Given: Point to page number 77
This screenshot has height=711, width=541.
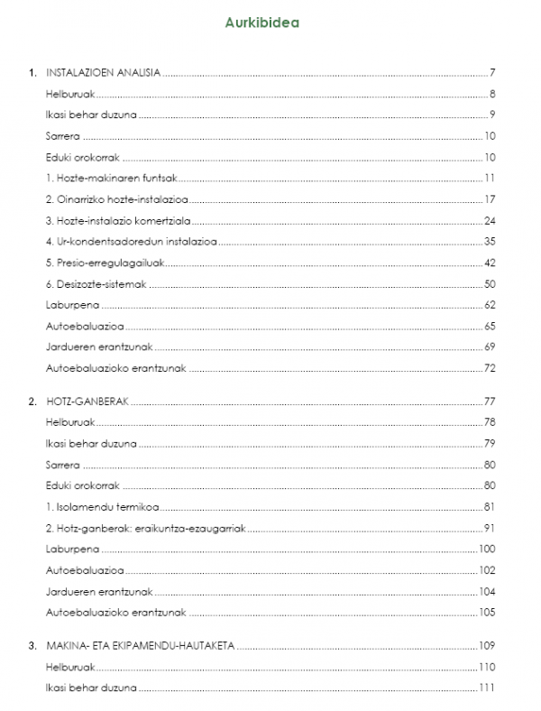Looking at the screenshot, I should point(491,400).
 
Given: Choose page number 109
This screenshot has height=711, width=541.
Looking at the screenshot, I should point(488,645).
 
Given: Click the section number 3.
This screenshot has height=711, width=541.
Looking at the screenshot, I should point(32,645).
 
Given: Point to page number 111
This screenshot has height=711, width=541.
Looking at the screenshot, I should point(488,688).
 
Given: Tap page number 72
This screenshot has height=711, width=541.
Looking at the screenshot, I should point(491,368).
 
